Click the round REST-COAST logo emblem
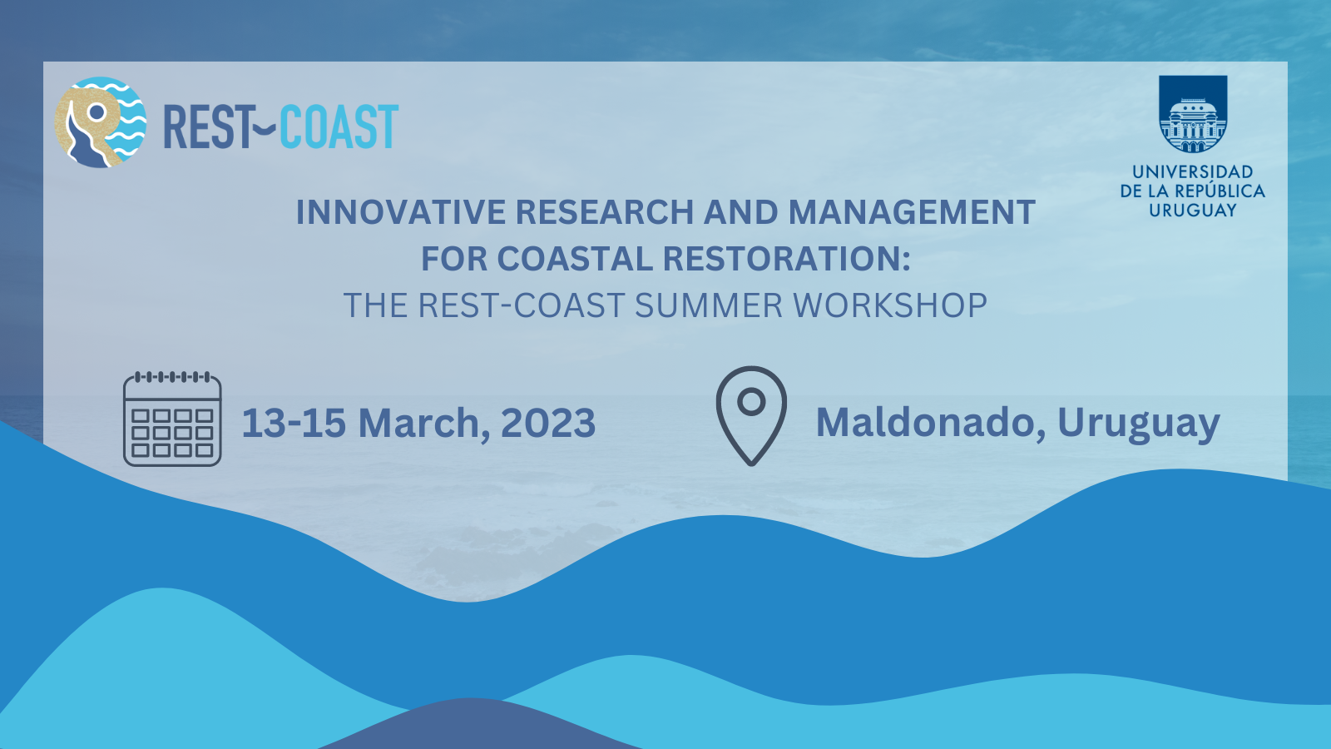click(100, 122)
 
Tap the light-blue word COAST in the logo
click(338, 126)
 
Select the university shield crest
click(1193, 114)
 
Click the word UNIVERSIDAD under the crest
click(1193, 172)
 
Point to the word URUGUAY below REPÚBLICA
click(1193, 211)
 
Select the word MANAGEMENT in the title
click(912, 212)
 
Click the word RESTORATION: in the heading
click(786, 259)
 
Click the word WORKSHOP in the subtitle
click(890, 305)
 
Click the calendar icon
click(172, 419)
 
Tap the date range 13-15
click(294, 423)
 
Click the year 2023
click(548, 423)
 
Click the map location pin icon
click(751, 416)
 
